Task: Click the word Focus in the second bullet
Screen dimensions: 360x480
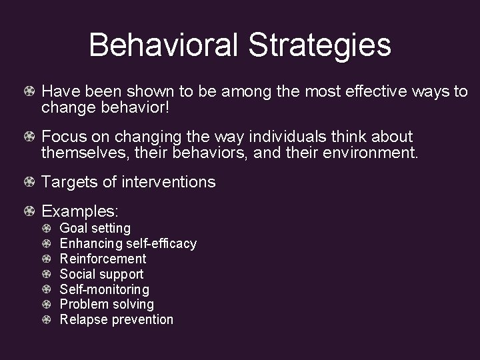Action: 63,137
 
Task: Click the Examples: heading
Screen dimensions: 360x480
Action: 80,212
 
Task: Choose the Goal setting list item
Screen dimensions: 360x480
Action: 95,229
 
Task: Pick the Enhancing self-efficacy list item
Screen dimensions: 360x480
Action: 128,243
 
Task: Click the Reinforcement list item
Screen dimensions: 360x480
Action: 103,259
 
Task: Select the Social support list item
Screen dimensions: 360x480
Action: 101,274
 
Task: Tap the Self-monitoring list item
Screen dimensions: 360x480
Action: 104,289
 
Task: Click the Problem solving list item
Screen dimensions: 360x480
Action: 107,304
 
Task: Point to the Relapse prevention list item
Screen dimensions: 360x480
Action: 116,319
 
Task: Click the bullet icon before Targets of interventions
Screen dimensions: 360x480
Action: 30,182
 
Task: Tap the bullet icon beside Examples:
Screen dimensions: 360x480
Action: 30,212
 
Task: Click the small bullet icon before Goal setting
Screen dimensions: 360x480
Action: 47,229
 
